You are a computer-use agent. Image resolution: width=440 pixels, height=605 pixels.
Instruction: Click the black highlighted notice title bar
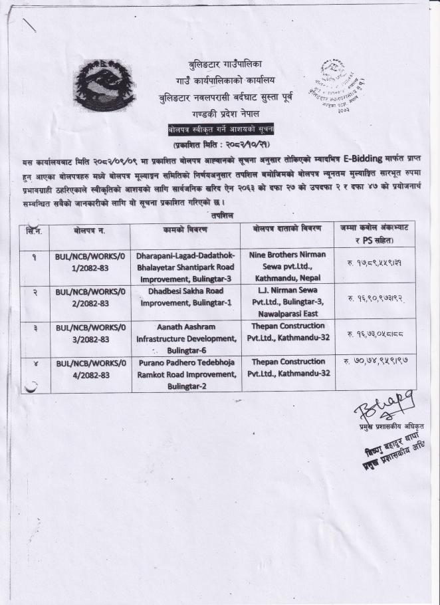(221, 129)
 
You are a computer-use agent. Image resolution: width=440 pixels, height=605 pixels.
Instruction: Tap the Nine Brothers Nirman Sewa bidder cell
(288, 266)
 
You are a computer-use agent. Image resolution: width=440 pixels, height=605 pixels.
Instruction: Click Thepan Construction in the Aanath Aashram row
(288, 332)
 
